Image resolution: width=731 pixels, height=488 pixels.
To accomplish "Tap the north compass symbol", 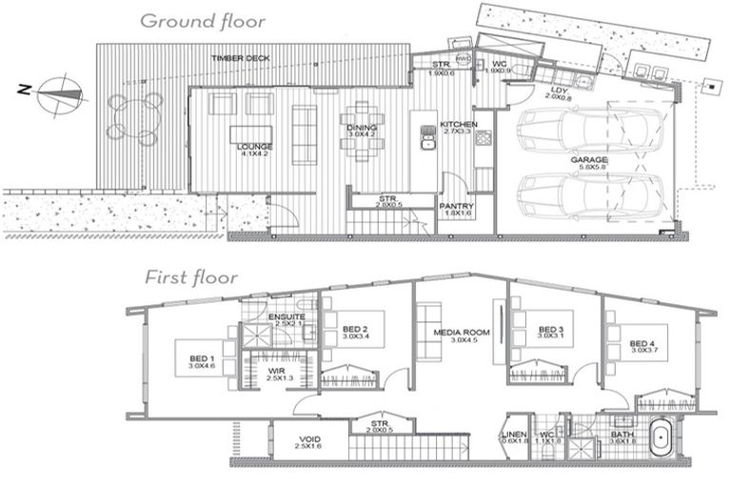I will pyautogui.click(x=63, y=92).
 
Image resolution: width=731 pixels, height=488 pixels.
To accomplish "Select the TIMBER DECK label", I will pyautogui.click(x=240, y=59).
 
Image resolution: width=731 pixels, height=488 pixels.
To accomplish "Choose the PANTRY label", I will pyautogui.click(x=458, y=206).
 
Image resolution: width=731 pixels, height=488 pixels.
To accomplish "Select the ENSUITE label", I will pyautogui.click(x=286, y=317).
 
